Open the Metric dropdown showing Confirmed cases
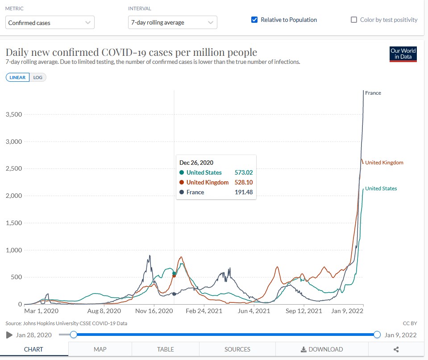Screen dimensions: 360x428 pos(50,22)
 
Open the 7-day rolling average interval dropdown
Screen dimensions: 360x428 pos(172,22)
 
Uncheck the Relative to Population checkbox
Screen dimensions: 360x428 pos(255,20)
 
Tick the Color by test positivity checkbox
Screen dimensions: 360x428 pos(354,20)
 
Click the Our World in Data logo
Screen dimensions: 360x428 pos(403,54)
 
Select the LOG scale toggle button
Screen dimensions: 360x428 pos(38,77)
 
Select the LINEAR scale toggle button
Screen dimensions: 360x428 pos(18,77)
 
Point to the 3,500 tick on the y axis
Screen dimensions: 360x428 pos(13,114)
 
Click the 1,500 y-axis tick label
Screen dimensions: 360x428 pos(13,223)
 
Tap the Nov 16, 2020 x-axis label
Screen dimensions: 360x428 pos(154,311)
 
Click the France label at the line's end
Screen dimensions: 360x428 pos(373,93)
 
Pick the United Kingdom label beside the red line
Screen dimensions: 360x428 pos(384,163)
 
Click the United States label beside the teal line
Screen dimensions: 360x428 pos(381,188)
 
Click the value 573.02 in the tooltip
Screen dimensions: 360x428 pos(243,172)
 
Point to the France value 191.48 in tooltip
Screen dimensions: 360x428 pos(243,192)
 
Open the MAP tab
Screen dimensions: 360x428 pos(100,349)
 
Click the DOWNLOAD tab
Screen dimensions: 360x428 pos(322,349)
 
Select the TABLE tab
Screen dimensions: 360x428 pos(165,349)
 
